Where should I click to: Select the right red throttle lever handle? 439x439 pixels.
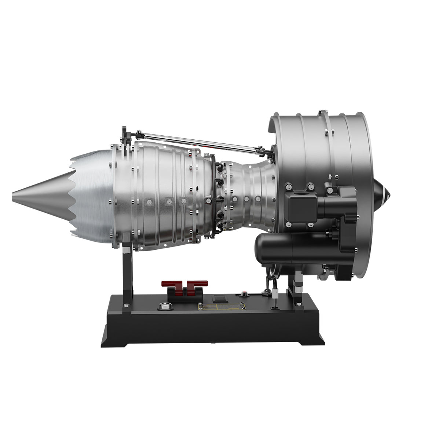(x=198, y=283)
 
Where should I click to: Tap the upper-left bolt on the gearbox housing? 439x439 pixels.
(x=289, y=187)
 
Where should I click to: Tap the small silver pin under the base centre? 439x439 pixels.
(x=212, y=344)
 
